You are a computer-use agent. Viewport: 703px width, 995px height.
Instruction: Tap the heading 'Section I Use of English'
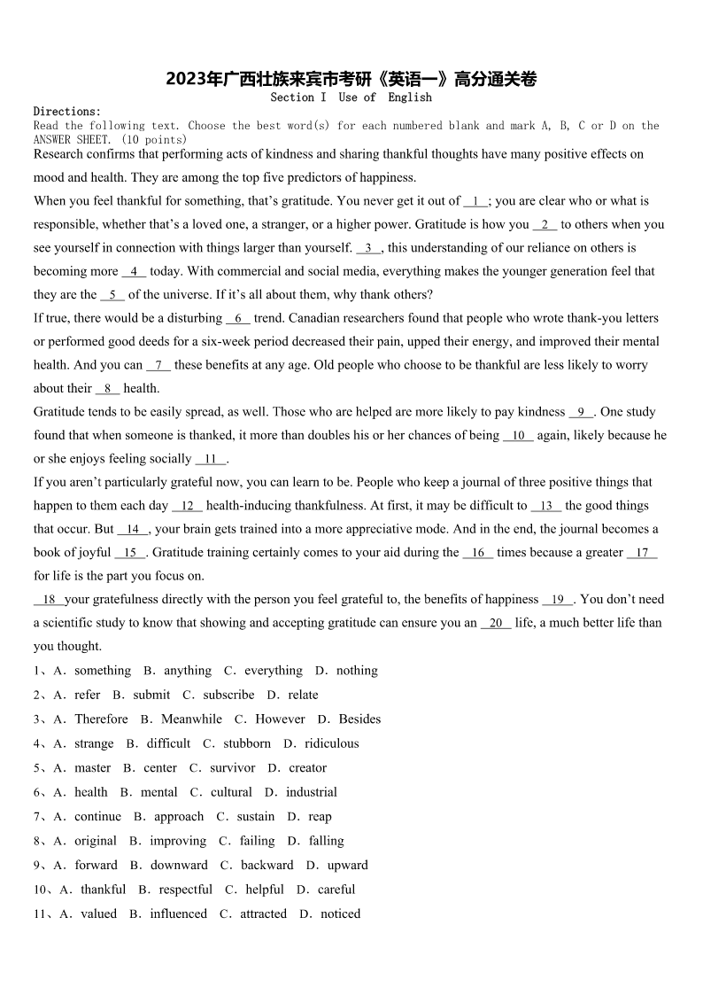[x=351, y=97]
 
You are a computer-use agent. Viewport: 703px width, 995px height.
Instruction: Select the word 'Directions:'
[x=67, y=112]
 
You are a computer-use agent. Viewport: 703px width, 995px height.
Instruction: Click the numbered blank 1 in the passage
[x=475, y=201]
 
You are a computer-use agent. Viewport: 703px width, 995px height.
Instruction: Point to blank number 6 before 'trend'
[x=238, y=318]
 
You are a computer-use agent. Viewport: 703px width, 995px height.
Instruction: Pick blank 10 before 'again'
[x=518, y=435]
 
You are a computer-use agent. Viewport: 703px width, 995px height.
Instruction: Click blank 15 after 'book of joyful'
[x=130, y=552]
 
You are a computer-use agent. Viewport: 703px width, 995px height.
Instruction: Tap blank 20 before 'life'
[x=496, y=623]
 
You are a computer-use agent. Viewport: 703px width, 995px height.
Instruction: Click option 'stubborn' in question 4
[x=247, y=744]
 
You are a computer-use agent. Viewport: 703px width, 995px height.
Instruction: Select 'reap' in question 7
[x=320, y=817]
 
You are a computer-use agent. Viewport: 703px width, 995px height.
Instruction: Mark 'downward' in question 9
[x=179, y=866]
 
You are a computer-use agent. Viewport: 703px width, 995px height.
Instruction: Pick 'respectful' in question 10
[x=185, y=890]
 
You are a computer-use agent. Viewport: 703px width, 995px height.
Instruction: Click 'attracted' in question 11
[x=263, y=914]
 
